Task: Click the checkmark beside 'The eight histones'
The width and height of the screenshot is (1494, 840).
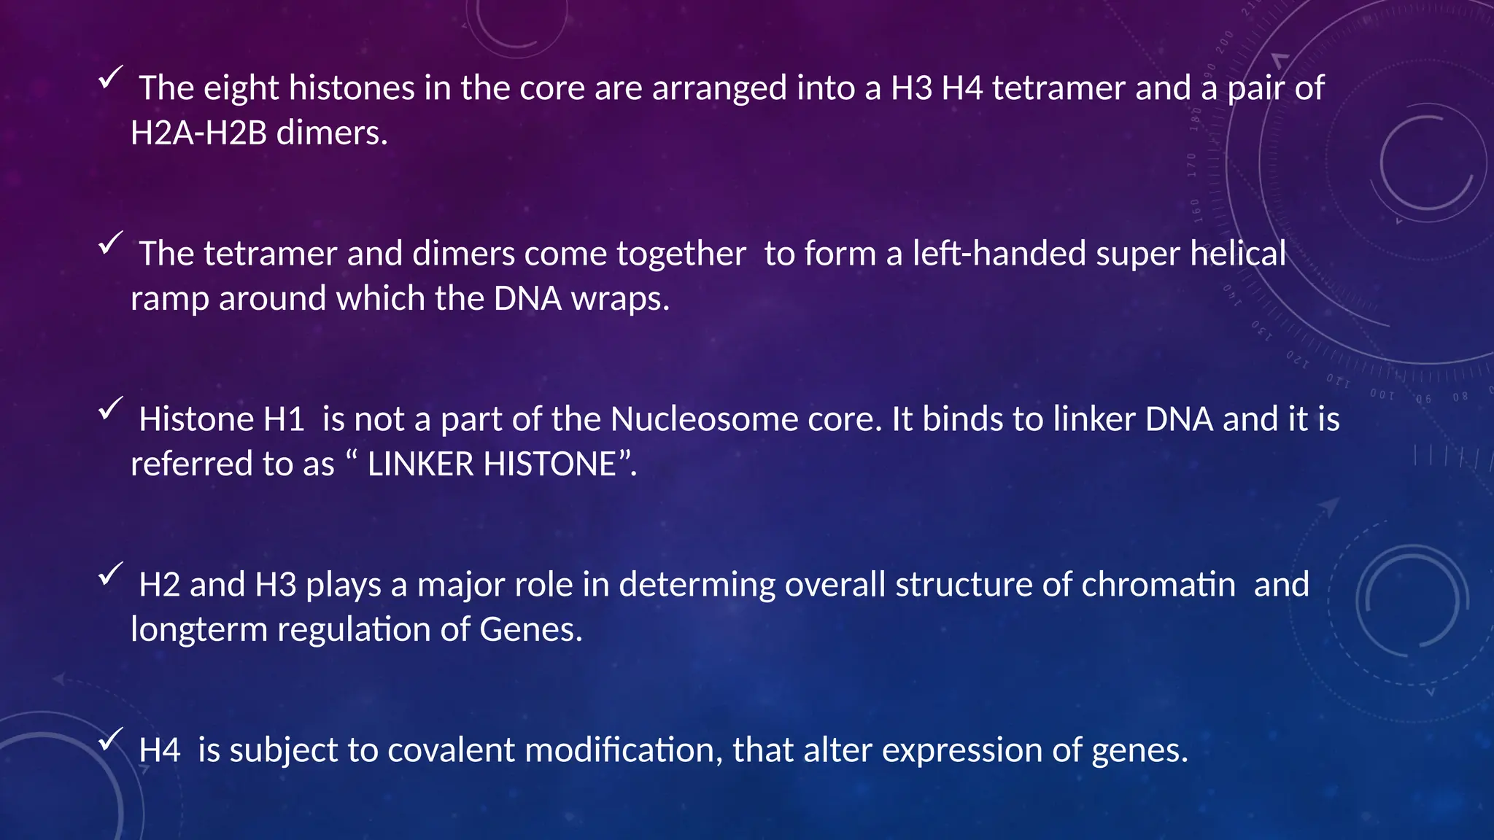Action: click(109, 77)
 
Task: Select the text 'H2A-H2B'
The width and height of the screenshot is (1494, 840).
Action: click(198, 133)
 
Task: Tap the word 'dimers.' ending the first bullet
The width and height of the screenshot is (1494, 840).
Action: click(332, 133)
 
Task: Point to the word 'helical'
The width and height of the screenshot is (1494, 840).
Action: click(1238, 254)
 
